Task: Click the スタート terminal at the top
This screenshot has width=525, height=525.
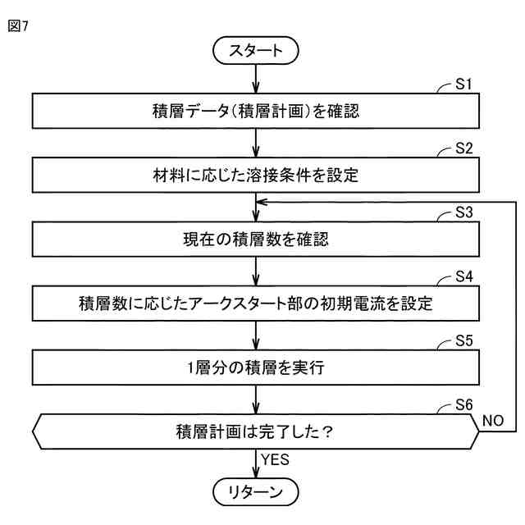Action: click(256, 49)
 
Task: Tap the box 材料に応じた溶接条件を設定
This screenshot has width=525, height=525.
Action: click(256, 176)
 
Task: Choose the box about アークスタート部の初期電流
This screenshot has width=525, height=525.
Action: click(256, 304)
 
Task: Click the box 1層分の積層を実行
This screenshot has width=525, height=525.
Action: click(256, 367)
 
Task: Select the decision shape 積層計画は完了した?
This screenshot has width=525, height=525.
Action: click(256, 431)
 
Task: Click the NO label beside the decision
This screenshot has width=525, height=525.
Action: click(493, 419)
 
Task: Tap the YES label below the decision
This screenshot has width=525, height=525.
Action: click(276, 460)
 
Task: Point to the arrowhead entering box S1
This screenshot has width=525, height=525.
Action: click(256, 89)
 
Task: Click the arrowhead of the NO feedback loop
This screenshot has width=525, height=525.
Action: click(262, 202)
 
